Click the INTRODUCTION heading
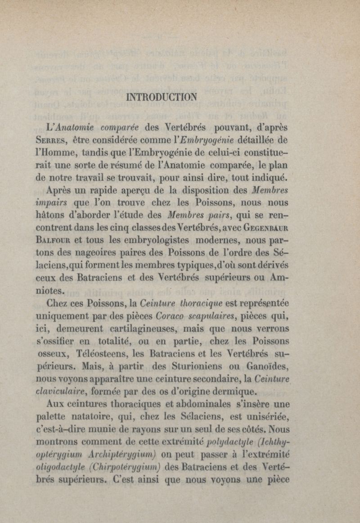tap(162, 96)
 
